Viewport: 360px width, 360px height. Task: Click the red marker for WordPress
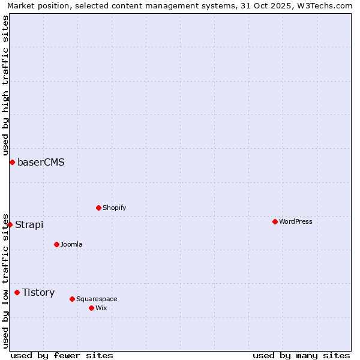[x=275, y=221]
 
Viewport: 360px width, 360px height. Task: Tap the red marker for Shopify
[x=98, y=208]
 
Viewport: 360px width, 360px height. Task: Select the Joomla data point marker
[x=56, y=244]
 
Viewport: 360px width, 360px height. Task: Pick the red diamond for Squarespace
[x=72, y=299]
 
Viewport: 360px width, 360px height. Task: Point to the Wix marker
[x=91, y=308]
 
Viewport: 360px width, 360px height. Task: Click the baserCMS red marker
[x=12, y=162]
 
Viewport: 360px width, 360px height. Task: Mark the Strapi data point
[x=10, y=224]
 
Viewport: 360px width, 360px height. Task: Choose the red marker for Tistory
[x=17, y=292]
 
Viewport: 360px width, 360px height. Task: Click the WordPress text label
[x=295, y=221]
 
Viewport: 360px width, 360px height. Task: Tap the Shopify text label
[x=114, y=208]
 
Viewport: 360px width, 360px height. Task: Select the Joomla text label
[x=71, y=244]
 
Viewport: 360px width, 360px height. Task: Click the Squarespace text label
[x=97, y=299]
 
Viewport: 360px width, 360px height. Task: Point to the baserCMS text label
[x=41, y=162]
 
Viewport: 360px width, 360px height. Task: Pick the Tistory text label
[x=38, y=292]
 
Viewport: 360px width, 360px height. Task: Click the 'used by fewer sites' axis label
[x=62, y=355]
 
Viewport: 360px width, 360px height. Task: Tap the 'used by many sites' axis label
[x=301, y=355]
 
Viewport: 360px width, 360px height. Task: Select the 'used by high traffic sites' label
[x=5, y=85]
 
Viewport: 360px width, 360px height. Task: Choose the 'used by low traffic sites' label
[x=5, y=280]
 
